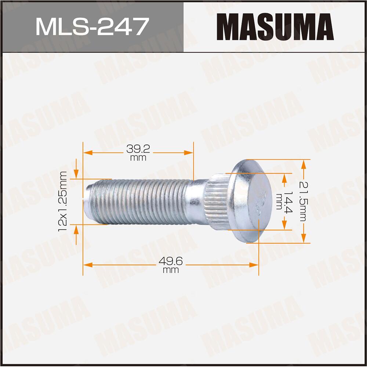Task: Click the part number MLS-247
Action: tap(91, 26)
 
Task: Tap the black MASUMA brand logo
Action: tap(275, 26)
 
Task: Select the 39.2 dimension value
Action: tap(138, 149)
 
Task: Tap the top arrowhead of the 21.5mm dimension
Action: tap(304, 163)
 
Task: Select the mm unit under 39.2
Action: tap(138, 158)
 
